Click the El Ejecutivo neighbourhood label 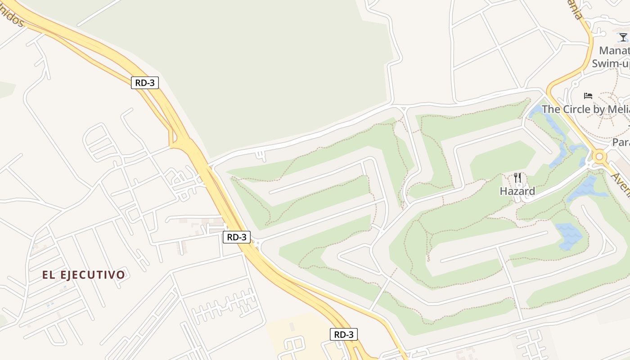tap(84, 274)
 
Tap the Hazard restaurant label tap(517, 191)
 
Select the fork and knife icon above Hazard tap(517, 177)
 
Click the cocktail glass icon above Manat tap(623, 37)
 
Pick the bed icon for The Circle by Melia tap(588, 95)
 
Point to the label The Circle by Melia tap(585, 109)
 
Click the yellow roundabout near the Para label tap(599, 157)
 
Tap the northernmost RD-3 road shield tap(145, 83)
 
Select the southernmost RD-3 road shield tap(344, 334)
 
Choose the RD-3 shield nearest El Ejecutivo tap(236, 237)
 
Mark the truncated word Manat tap(614, 50)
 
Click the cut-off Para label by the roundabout tap(621, 142)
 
